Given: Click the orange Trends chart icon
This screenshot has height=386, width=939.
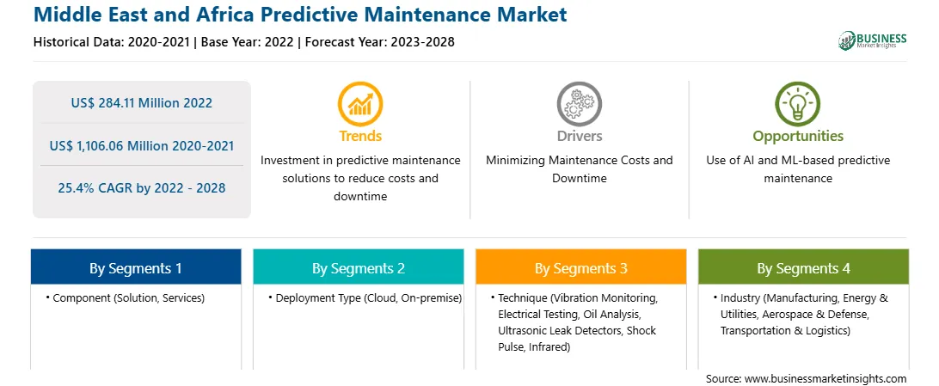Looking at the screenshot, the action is [x=360, y=103].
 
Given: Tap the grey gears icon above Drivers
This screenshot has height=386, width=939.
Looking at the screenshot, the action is [x=579, y=103].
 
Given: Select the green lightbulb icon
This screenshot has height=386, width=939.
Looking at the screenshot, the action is [x=798, y=103].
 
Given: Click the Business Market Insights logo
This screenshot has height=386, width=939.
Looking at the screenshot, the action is [x=873, y=40].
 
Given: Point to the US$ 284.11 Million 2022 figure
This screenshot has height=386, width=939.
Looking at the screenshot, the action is [x=141, y=103].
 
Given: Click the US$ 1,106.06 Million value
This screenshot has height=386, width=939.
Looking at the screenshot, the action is [x=121, y=145].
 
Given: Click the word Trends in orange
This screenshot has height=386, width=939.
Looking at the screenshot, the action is [x=360, y=136].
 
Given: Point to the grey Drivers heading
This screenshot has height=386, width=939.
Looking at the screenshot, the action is [x=579, y=136].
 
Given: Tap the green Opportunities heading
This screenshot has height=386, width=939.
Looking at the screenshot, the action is [x=798, y=137].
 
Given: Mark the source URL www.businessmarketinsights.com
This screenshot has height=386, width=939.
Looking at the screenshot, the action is [x=825, y=378].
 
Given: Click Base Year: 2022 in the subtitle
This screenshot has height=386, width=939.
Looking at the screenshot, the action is [x=248, y=42].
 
